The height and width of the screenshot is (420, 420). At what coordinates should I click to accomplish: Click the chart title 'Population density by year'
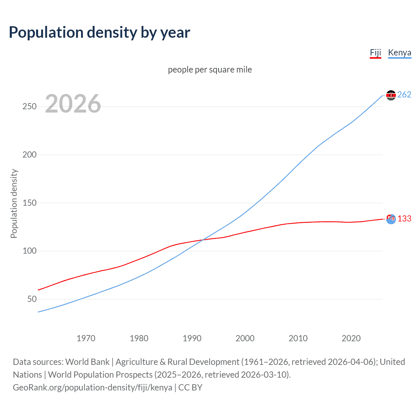coord(99,32)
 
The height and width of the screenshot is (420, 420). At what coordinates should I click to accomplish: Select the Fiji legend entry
coord(375,53)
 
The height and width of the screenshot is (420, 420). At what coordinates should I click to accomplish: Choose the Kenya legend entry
coord(399,53)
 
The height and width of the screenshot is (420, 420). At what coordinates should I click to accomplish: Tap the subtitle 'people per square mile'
coord(210,70)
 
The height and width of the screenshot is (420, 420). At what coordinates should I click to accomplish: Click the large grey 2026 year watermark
coord(73,104)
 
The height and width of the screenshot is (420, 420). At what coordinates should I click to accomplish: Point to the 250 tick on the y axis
coord(29,107)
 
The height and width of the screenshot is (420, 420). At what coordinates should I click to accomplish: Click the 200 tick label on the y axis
coord(29,155)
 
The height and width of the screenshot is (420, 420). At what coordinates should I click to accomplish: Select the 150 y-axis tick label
coord(29,203)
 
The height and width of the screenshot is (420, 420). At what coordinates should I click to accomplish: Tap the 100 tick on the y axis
coord(29,251)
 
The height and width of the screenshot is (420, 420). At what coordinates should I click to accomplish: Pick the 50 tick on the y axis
coord(32,299)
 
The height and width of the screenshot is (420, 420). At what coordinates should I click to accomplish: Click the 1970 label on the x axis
coord(86,338)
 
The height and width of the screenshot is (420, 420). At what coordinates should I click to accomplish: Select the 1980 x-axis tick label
coord(139,338)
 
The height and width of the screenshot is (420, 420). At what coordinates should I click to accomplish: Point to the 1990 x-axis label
coord(192,338)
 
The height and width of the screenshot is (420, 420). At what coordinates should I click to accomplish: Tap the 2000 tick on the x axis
coord(245,338)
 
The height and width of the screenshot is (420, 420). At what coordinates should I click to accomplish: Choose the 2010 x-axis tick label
coord(298,338)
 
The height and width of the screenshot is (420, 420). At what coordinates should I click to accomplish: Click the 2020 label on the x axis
coord(351,338)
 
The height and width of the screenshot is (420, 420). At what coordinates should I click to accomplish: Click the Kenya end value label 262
coord(404,95)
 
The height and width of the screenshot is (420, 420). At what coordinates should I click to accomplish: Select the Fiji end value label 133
coord(404,219)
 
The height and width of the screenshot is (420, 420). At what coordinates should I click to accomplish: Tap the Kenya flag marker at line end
coord(391,95)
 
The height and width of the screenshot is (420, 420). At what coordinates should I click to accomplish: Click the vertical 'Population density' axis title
coord(14,203)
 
